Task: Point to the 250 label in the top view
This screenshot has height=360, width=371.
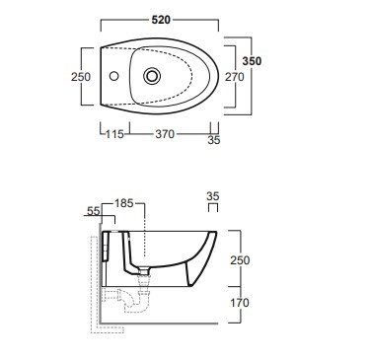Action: tap(81, 77)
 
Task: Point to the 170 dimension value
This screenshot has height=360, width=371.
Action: tap(255, 304)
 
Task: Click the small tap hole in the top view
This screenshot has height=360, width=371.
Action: tap(115, 75)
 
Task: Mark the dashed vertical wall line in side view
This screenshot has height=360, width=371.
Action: tap(92, 296)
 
